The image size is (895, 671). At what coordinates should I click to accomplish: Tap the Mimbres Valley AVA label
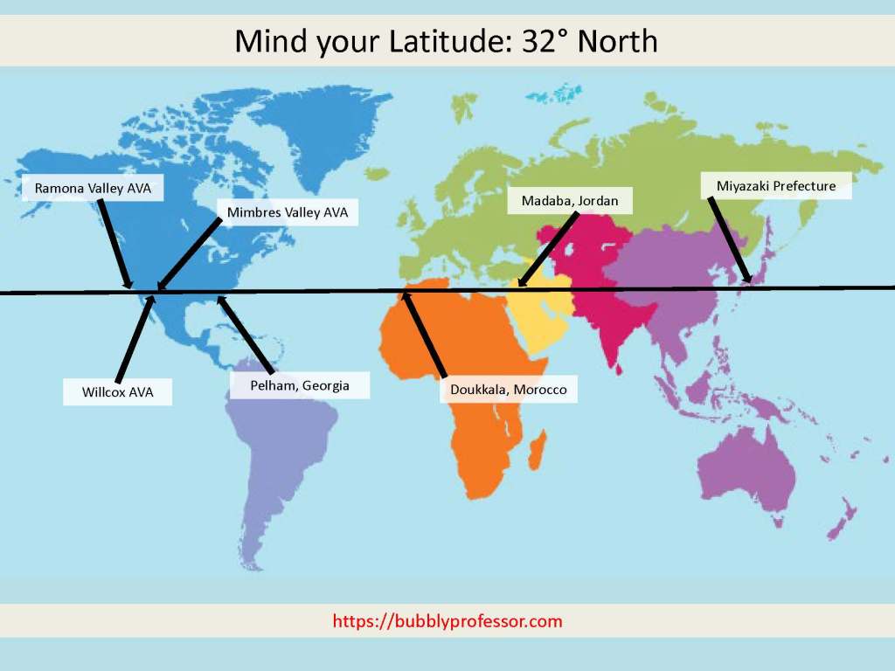point(288,212)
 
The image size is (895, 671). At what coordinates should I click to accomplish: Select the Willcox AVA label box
point(118,392)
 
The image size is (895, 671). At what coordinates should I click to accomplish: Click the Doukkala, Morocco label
point(508,389)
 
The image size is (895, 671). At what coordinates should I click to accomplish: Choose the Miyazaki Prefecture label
point(776,186)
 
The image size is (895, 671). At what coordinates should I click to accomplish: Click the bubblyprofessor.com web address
point(447,622)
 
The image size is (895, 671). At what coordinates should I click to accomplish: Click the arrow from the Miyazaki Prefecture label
point(730,240)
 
